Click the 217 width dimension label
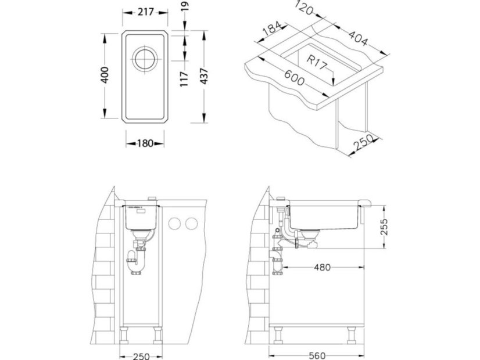tap(145, 12)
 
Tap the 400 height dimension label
tap(105, 75)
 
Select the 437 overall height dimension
tap(204, 77)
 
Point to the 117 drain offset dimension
tap(184, 79)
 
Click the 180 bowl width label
tap(145, 143)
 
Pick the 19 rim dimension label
tap(185, 6)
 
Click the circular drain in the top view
tap(145, 59)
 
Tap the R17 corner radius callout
tap(317, 62)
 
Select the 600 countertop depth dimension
tap(294, 78)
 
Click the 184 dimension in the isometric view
tap(272, 28)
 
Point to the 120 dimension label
tap(305, 8)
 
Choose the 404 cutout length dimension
tap(357, 38)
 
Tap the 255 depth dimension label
tap(384, 226)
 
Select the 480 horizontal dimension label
tap(323, 268)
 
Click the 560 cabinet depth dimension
tap(317, 356)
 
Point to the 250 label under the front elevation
tap(141, 357)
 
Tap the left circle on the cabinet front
tap(174, 224)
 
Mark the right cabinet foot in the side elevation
tap(351, 334)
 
